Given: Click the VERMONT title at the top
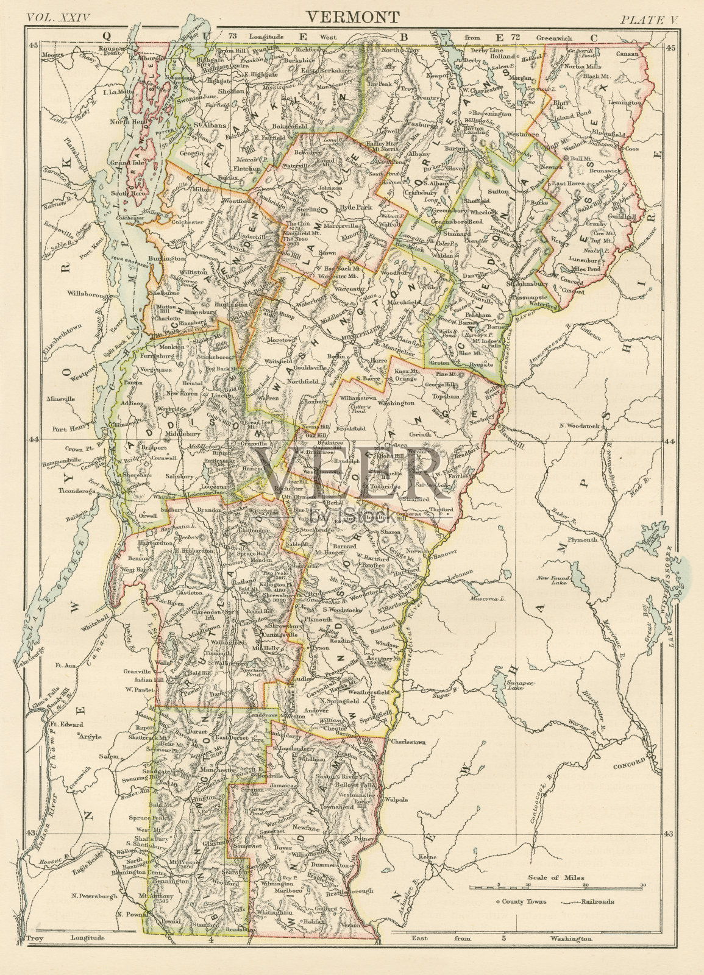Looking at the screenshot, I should [x=352, y=16].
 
